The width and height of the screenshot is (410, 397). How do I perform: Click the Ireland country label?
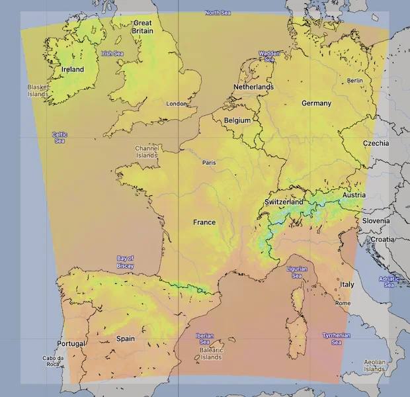[73, 69]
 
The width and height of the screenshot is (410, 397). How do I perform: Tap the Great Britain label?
[142, 26]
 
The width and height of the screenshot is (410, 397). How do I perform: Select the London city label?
[177, 104]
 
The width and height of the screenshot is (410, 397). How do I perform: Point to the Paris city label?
[209, 162]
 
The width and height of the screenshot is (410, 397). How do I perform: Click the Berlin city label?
[355, 81]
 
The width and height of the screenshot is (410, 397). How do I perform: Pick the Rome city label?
[343, 303]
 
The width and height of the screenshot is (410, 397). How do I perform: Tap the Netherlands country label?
[253, 87]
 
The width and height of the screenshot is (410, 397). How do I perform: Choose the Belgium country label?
[237, 121]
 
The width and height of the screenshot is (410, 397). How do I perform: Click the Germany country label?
[316, 104]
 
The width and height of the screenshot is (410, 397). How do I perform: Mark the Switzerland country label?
[284, 202]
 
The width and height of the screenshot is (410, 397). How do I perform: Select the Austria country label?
[354, 195]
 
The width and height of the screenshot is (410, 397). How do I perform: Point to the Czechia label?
[376, 144]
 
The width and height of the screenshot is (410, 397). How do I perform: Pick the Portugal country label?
[71, 344]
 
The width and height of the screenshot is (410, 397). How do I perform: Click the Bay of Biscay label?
[125, 262]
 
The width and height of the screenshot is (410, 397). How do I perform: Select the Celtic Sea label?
[60, 138]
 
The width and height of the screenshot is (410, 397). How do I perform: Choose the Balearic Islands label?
[211, 353]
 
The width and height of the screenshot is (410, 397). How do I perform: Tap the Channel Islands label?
[147, 152]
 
